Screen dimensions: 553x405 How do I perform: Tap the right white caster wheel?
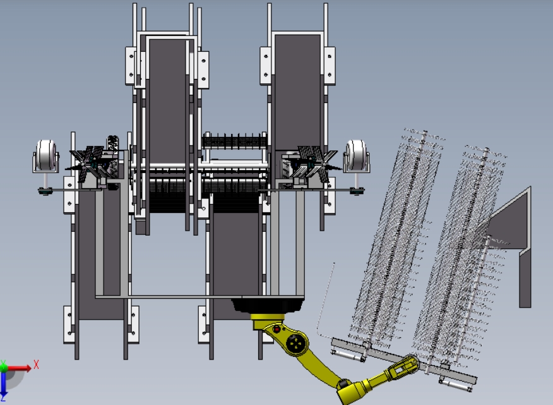(x=356, y=155)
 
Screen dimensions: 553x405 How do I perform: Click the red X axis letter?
(x=36, y=365)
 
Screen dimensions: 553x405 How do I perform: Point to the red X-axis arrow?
(x=18, y=368)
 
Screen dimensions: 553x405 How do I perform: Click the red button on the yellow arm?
(x=277, y=329)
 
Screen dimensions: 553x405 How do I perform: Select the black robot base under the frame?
(x=268, y=306)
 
